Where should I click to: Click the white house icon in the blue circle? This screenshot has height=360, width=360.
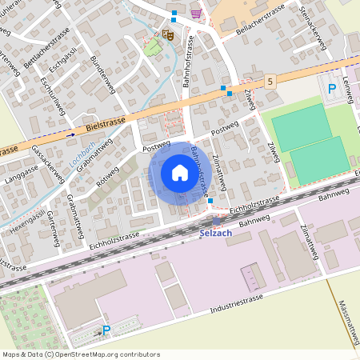coord(179,172)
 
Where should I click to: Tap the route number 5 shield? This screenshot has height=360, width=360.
coord(271,81)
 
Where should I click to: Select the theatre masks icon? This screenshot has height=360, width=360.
coord(167,34)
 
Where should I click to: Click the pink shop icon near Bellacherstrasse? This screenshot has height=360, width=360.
coord(196,13)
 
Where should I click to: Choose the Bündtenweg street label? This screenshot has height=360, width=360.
coord(103,74)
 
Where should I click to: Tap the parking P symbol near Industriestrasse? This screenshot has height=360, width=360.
coord(106,329)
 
